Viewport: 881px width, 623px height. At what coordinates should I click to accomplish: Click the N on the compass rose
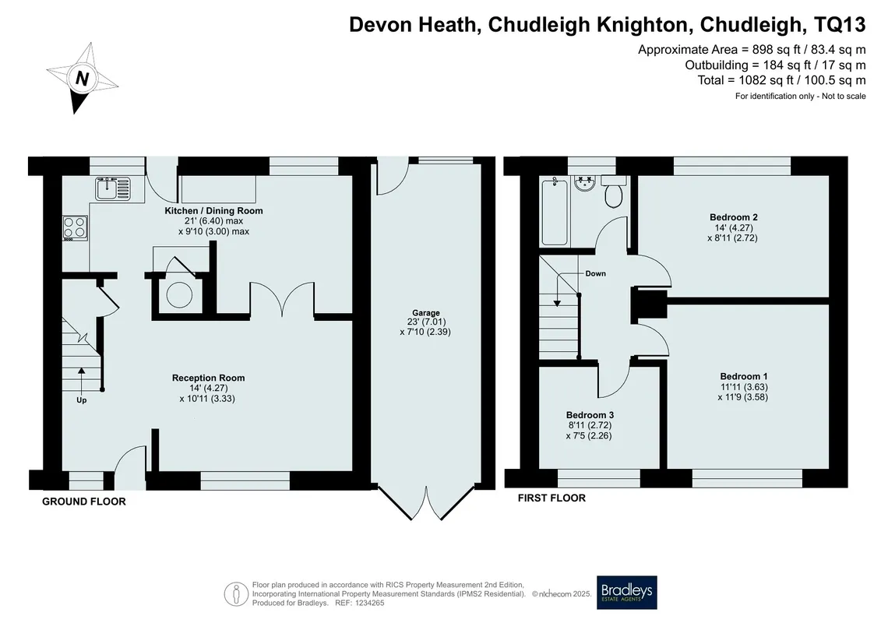coord(82,78)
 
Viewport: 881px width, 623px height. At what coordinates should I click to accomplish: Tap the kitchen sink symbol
coord(113,188)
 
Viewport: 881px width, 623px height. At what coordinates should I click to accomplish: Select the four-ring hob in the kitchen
coord(75,229)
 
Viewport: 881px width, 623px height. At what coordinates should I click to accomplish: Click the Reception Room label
coord(209,378)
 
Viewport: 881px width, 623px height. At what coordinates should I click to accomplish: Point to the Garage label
coord(426,313)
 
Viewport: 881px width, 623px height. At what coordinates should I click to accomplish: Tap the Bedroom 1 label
coord(744,376)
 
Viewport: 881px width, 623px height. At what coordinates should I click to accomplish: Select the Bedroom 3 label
coord(590,415)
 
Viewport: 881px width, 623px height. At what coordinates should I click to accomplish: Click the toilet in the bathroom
coord(614,192)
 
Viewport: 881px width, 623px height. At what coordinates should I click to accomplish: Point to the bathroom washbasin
coord(585,183)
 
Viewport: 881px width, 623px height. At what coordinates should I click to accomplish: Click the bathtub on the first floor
coord(555,211)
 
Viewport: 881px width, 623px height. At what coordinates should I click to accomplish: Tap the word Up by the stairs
coord(82,400)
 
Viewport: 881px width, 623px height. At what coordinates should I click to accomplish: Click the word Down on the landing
coord(596,273)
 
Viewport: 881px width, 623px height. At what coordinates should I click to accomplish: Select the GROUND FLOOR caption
coord(84,502)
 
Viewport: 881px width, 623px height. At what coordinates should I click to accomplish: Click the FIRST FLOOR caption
coord(552,498)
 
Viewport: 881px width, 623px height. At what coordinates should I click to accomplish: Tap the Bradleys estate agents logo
coord(626,593)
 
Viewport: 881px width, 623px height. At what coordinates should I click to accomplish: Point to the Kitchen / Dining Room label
coord(213,211)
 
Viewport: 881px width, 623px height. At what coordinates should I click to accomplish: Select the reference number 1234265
coord(368,603)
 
